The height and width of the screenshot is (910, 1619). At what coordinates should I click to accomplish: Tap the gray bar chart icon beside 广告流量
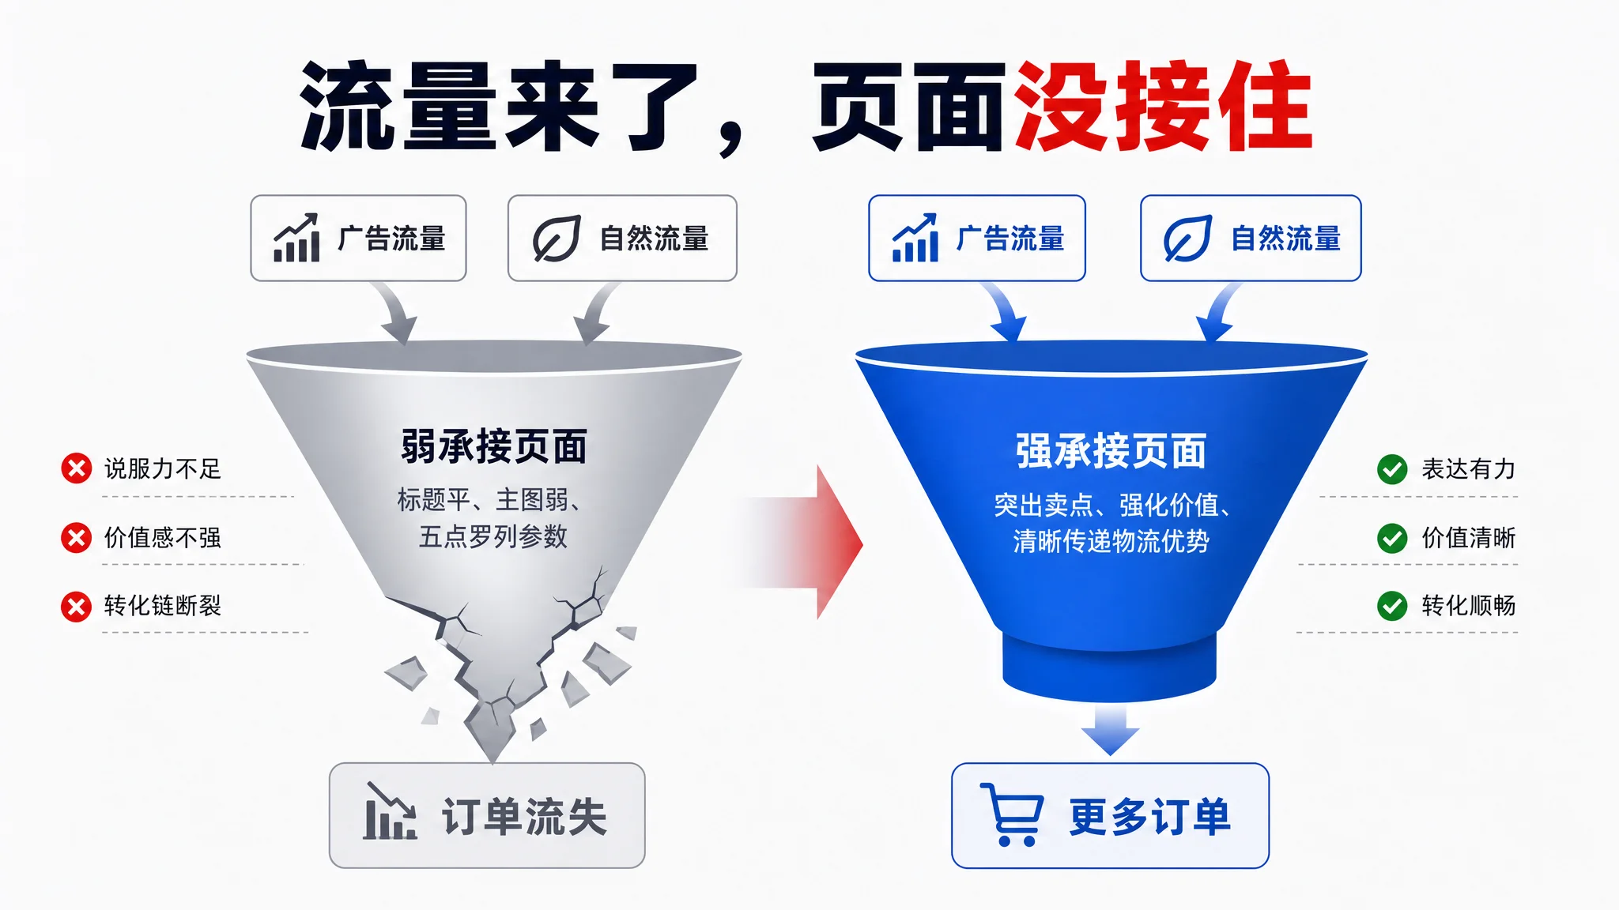(x=296, y=238)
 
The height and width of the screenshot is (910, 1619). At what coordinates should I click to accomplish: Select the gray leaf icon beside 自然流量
(x=557, y=239)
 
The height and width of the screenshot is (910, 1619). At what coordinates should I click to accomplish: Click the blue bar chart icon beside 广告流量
(x=915, y=238)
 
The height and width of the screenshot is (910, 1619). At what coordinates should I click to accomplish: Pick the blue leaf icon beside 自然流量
(x=1187, y=239)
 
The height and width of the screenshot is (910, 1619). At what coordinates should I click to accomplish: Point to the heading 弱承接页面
(x=494, y=447)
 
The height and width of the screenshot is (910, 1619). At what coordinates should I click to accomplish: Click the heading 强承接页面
(x=1111, y=451)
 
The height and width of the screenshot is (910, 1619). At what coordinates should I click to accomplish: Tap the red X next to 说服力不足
(x=77, y=468)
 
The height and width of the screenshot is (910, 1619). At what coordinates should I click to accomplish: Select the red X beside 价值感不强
(x=77, y=538)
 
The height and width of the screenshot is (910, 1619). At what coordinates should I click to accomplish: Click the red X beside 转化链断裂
(x=77, y=607)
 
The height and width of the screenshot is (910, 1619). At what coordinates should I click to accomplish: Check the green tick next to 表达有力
(x=1392, y=469)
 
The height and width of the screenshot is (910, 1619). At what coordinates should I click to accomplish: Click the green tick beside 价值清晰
(x=1392, y=538)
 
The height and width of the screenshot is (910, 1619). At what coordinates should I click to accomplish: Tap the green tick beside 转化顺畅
(x=1392, y=607)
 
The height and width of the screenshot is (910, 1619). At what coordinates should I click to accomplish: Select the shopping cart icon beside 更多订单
(x=1012, y=814)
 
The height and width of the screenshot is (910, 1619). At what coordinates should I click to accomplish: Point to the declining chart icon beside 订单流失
(x=390, y=811)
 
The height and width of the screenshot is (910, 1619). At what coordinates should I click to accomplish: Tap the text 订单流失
(x=524, y=817)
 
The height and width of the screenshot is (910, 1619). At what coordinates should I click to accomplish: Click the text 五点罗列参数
(x=493, y=537)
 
